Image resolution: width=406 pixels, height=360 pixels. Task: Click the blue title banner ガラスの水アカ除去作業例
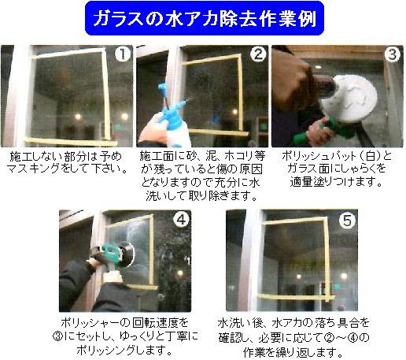click(x=205, y=18)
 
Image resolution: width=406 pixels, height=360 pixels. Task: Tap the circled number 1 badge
click(x=123, y=54)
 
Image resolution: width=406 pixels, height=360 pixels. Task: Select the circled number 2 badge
click(x=258, y=54)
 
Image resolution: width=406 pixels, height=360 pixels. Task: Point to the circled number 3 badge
click(x=393, y=54)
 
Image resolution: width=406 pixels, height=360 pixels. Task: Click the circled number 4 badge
click(x=181, y=219)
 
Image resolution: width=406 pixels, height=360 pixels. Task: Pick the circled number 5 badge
click(x=347, y=220)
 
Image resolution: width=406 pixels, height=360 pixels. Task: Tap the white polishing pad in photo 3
click(x=349, y=98)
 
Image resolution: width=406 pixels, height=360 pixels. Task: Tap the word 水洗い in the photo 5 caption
click(x=234, y=323)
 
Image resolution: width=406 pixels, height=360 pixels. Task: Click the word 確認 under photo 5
click(x=231, y=338)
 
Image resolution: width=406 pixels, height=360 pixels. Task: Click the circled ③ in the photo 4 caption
click(x=58, y=336)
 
